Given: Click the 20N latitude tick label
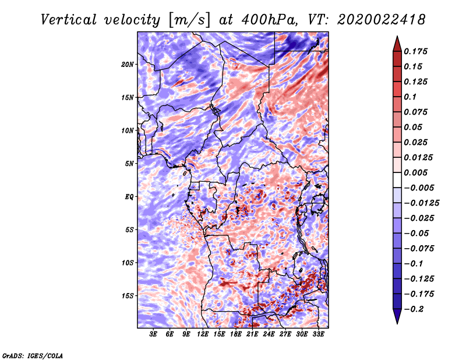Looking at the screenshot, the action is point(128,65).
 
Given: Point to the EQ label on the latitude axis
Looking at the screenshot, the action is point(129,197).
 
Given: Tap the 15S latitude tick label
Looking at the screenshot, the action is point(128,296).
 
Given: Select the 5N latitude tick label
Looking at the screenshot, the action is point(129,164).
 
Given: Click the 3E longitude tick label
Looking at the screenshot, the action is point(153,334).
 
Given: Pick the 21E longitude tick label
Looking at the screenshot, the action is point(252,334).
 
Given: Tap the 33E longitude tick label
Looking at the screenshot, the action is point(318,334).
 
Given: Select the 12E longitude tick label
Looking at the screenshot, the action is point(202,334).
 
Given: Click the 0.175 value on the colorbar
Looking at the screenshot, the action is point(415,51).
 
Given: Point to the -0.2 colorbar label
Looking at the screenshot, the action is point(414,309).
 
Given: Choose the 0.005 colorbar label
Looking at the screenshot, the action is point(415,172).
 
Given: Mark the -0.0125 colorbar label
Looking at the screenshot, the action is point(421,203).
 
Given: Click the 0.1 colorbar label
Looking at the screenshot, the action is point(410,97).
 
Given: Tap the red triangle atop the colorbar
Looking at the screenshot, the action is point(397,44).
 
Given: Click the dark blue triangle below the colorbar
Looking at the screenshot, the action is point(397,316).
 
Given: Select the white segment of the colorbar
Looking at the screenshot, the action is point(397,180).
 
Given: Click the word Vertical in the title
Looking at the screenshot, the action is point(69,20).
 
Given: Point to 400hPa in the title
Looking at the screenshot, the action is point(270,20).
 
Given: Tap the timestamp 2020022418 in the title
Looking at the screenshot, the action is point(382,20).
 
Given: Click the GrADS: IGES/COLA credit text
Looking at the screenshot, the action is point(33,355).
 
